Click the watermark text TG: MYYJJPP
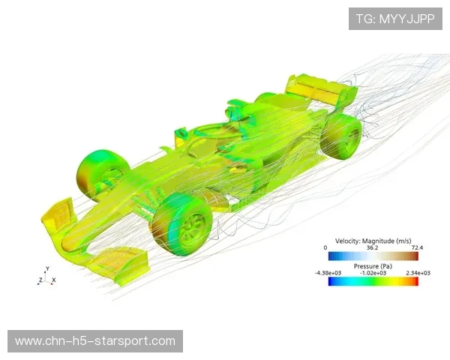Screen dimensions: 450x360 [395, 19]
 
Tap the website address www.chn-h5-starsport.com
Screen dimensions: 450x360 [95, 341]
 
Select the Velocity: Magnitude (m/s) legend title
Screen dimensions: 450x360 [373, 241]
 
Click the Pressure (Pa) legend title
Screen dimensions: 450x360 [373, 266]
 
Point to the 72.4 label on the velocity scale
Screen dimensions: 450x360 [417, 247]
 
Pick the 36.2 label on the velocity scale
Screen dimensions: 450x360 [372, 247]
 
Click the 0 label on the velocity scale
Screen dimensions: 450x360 [325, 247]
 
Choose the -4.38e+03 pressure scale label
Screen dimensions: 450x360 [328, 273]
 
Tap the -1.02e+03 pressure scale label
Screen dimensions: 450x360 [373, 273]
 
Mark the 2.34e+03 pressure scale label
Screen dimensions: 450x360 [418, 273]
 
